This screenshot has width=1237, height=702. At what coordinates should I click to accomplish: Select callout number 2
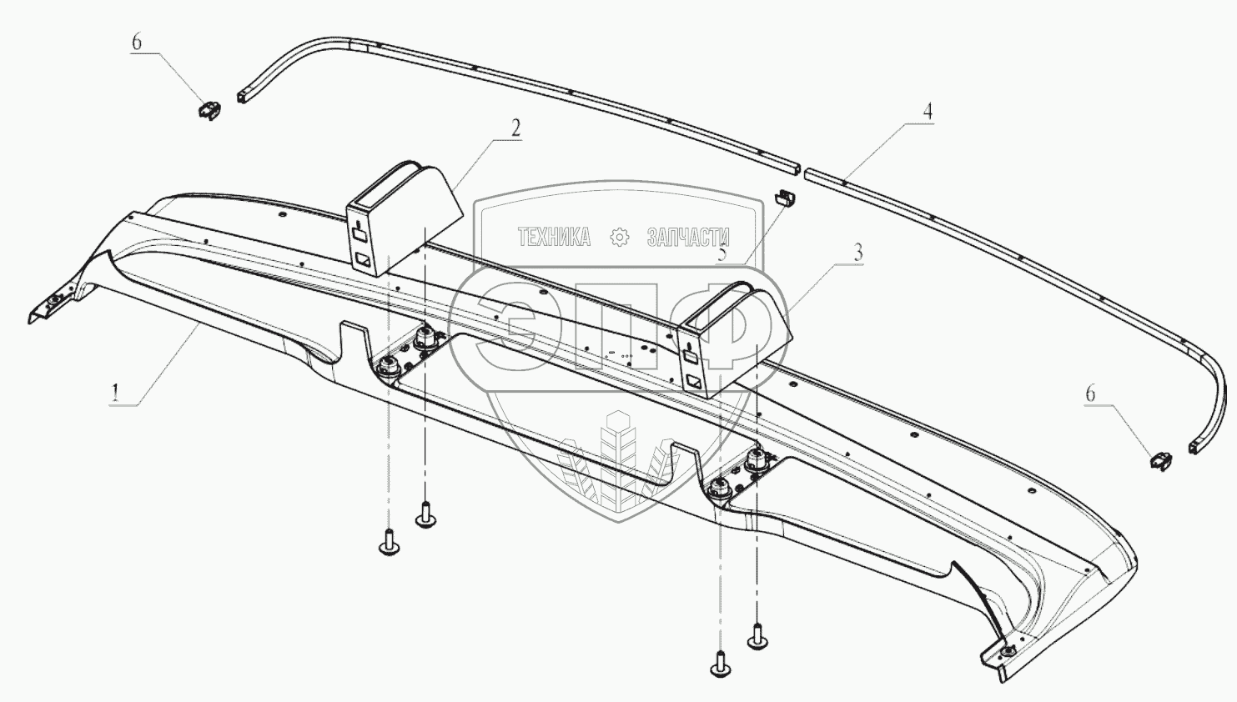tap(515, 128)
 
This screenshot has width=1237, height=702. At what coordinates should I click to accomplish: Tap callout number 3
tap(857, 253)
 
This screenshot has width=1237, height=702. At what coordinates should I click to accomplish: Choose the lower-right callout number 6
tap(1089, 394)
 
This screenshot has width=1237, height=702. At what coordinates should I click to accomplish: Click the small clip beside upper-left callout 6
tap(210, 109)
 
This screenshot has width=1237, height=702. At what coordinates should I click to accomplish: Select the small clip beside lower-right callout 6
tap(1161, 459)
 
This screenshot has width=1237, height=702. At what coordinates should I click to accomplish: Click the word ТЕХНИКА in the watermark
tap(554, 238)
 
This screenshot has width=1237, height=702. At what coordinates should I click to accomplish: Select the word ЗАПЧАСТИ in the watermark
tap(688, 238)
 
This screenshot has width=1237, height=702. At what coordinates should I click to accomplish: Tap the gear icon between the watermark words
tap(620, 238)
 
